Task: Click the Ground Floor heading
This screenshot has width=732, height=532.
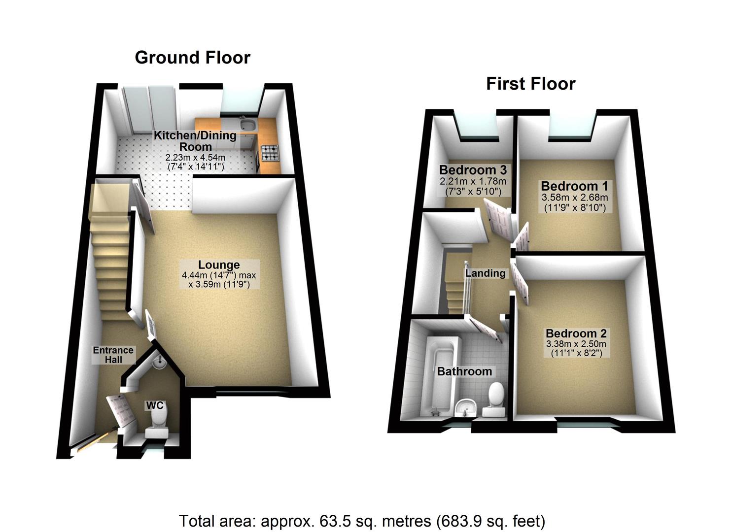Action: (192, 58)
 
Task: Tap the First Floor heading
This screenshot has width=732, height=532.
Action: (530, 84)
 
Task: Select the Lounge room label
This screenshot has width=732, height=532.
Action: (219, 265)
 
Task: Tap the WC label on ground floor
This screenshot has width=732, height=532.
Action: (154, 405)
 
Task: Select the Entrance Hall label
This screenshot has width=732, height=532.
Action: (113, 355)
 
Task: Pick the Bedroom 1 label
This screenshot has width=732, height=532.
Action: (575, 186)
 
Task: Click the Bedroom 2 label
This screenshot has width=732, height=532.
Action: (576, 333)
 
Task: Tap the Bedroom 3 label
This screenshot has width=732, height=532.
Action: (473, 170)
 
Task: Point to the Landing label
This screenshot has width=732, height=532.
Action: (486, 273)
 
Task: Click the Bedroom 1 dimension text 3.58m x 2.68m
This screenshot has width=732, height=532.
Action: (575, 198)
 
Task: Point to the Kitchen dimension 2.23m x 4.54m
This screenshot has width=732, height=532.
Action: (195, 158)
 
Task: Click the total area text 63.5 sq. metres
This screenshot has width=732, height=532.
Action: (361, 521)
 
